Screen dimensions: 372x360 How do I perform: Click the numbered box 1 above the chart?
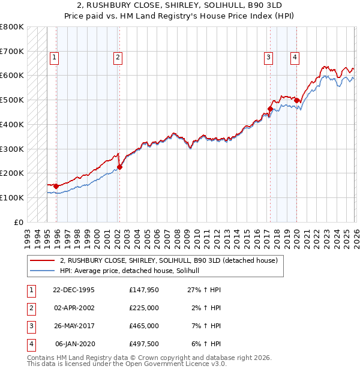pos(54,58)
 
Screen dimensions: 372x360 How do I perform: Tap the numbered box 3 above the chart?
pos(268,58)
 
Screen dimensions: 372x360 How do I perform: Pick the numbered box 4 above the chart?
pos(295,58)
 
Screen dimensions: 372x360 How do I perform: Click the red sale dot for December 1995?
pos(56,186)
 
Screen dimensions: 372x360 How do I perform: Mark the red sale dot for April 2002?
pos(119,167)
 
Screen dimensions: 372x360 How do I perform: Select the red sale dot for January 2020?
pos(296,100)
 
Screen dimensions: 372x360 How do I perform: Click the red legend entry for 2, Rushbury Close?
pos(168,261)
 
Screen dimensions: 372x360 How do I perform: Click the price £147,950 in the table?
pos(144,290)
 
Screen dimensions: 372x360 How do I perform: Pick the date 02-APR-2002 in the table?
pos(74,308)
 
